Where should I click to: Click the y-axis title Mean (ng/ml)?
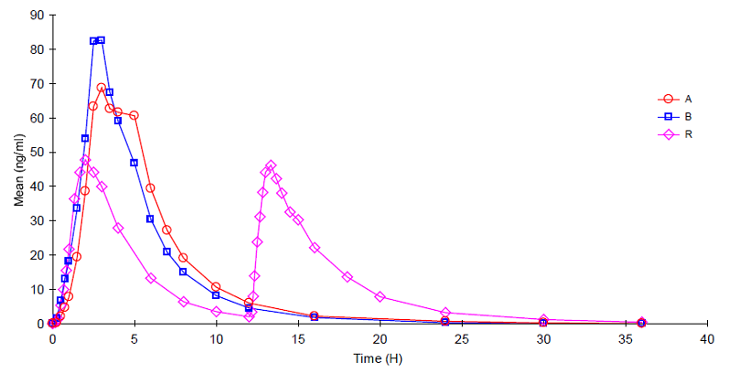(x=18, y=170)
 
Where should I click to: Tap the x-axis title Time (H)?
(x=380, y=359)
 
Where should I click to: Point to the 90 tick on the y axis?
(x=38, y=15)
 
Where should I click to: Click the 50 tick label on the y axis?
(x=38, y=152)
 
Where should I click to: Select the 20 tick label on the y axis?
(x=38, y=254)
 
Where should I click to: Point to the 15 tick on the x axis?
(x=298, y=338)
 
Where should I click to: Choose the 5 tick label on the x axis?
(x=134, y=338)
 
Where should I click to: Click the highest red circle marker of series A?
(x=102, y=88)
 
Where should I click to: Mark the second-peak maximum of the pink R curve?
(x=271, y=165)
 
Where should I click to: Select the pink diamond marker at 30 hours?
(x=543, y=319)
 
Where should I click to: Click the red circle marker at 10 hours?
(x=216, y=287)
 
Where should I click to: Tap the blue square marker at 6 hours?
(x=150, y=219)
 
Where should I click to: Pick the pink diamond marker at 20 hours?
(x=380, y=296)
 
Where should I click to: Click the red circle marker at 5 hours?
(x=134, y=115)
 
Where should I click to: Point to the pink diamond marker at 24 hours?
(x=445, y=313)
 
